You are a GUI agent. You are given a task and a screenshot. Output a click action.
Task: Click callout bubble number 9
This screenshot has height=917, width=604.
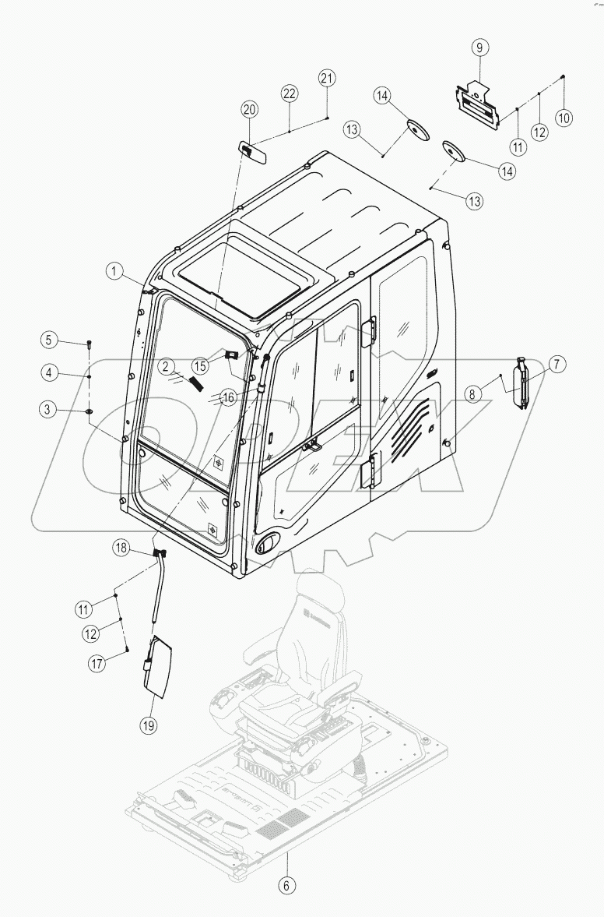tap(479, 48)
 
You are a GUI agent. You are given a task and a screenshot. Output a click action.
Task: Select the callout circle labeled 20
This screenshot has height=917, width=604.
tap(249, 109)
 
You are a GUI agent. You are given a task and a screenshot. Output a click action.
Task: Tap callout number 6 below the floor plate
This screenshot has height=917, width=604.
tap(288, 886)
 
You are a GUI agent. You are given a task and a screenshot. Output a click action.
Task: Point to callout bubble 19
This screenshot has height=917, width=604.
tap(148, 725)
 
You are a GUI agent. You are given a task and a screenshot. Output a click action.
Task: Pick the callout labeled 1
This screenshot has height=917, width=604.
tap(114, 271)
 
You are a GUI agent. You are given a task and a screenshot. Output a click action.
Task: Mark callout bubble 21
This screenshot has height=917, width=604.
tap(327, 77)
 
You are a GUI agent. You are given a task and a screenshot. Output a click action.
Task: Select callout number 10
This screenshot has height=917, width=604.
tap(563, 118)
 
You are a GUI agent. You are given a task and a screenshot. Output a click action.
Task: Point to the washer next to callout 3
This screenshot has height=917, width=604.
tap(90, 410)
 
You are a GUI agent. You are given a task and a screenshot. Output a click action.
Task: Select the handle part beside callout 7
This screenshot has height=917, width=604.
tap(521, 382)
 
